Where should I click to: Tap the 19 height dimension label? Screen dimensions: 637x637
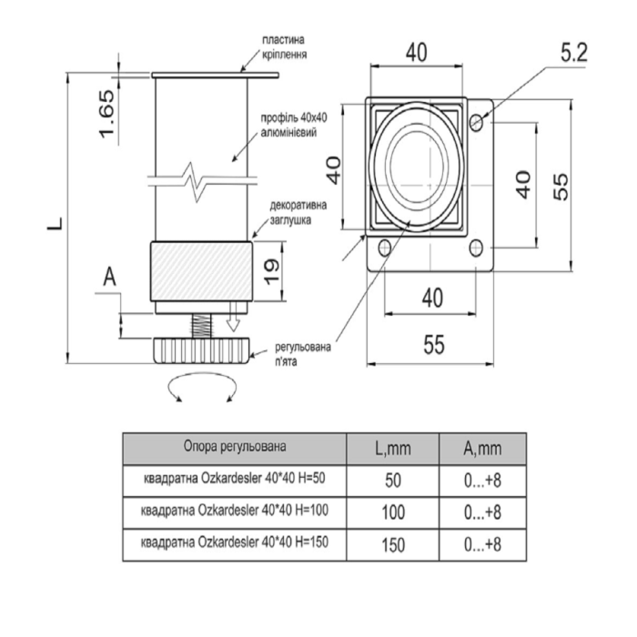coord(272,271)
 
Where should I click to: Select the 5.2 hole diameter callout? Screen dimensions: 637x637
coord(574,53)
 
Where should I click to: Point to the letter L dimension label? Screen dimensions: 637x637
coord(56,224)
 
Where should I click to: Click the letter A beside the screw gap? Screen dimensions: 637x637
coord(110,278)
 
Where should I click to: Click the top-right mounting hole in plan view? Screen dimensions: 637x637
coord(476,122)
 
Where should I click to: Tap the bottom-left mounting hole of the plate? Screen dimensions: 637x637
coord(384,248)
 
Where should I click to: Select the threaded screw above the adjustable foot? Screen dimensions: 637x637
coord(201,326)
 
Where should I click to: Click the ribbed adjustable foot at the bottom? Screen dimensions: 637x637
coord(201,350)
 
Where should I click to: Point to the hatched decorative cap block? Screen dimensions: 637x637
coord(201,271)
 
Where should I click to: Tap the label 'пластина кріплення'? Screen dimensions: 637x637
coord(284,47)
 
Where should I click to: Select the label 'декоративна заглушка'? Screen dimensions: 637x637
coord(298,212)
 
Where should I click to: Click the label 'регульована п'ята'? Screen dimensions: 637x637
coord(303,354)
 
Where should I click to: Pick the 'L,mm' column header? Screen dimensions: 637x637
coord(393,449)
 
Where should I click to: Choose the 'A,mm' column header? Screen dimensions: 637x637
coord(482,449)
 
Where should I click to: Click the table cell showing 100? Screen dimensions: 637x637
coord(393,512)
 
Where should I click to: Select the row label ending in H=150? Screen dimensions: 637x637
coord(235,542)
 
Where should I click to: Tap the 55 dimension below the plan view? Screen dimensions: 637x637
coord(434,345)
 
